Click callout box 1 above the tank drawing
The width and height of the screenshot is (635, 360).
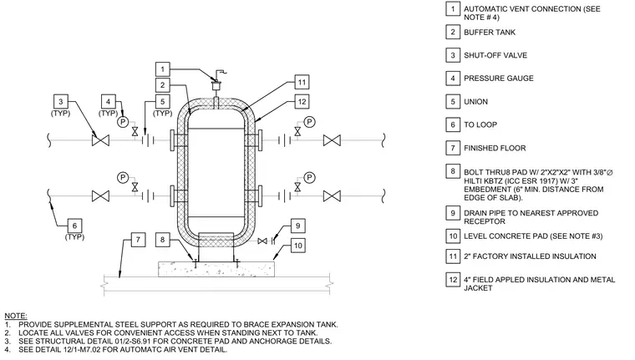[162, 69]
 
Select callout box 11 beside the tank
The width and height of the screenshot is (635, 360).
[302, 82]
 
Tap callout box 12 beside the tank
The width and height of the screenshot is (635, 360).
[302, 102]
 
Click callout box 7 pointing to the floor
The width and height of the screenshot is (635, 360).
[138, 240]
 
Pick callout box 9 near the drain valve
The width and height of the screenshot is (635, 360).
[297, 226]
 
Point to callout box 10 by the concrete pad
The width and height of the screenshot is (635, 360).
[297, 246]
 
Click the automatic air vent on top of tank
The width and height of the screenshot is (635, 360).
[216, 84]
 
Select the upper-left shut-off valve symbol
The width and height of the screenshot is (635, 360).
[100, 140]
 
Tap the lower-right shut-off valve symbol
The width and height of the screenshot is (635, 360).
[332, 196]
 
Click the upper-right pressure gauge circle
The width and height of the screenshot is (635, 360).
[309, 121]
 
